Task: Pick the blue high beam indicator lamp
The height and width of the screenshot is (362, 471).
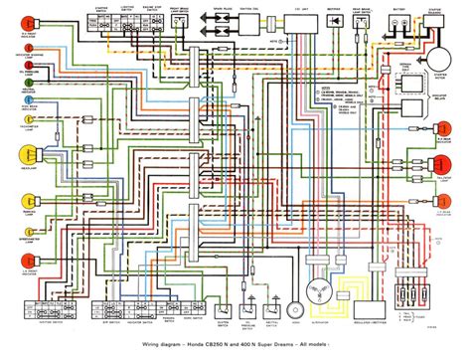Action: (x=23, y=130)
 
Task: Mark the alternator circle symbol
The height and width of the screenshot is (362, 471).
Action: (x=317, y=295)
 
